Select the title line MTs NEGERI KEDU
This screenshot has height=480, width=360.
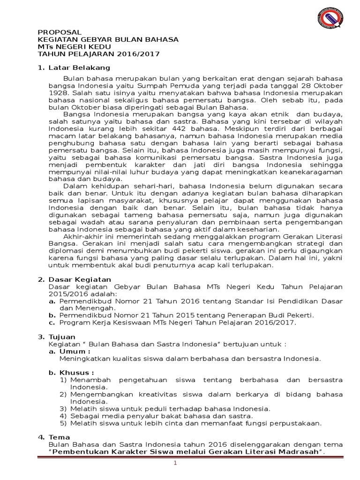pyautogui.click(x=74, y=47)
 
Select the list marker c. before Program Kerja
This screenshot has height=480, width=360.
pyautogui.click(x=52, y=322)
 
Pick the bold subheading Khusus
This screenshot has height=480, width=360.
pyautogui.click(x=77, y=373)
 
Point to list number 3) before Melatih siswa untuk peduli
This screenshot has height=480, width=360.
pyautogui.click(x=63, y=409)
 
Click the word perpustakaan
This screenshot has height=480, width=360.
pyautogui.click(x=297, y=423)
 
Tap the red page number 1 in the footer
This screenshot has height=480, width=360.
pyautogui.click(x=175, y=464)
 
